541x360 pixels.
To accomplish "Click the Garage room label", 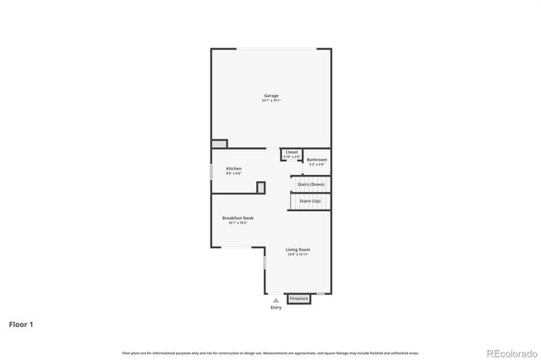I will pos(270,95).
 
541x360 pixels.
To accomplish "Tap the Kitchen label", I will pos(233,169).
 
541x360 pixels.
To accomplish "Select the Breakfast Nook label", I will pos(238,218).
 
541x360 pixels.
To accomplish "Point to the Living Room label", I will pos(298,249).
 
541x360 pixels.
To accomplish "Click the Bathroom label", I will pos(317,159).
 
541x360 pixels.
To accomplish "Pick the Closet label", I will pos(292,152).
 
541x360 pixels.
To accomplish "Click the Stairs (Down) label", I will pos(312,184).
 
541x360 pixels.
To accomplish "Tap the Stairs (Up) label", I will pos(310,201).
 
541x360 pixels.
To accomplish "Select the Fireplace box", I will pos(299,298).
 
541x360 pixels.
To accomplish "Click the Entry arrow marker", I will pos(276,299).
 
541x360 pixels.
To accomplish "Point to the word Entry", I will pos(276,308).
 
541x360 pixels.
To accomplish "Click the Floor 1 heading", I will pos(21,324).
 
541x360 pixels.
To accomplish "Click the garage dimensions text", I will pos(270,101).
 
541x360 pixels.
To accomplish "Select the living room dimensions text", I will pos(298,254).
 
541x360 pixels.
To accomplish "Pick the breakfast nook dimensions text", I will pos(238,223).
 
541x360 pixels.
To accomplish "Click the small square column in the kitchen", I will pos(261,187).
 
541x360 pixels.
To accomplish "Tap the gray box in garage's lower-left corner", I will pos(220,144).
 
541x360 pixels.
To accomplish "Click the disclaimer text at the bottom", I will pos(270,352).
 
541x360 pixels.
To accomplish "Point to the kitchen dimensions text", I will pos(233,174).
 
